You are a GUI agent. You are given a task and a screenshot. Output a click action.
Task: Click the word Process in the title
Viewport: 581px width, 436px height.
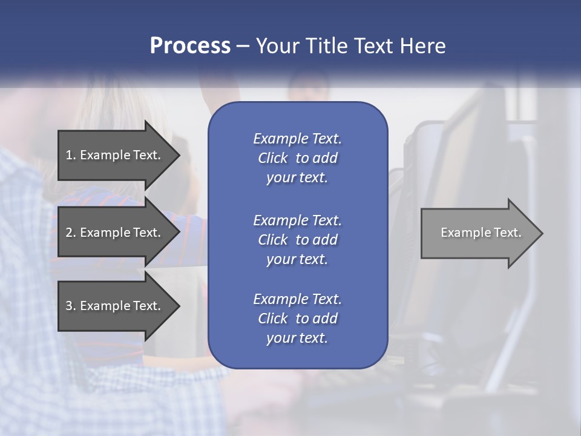pos(190,46)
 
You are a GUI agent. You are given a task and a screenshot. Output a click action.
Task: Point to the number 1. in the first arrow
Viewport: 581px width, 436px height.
pos(70,155)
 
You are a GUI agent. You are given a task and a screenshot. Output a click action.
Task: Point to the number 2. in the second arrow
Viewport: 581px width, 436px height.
pos(70,233)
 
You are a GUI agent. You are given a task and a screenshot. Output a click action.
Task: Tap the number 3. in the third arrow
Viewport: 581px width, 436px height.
pos(70,306)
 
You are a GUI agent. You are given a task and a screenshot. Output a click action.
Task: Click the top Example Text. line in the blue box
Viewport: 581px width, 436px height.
pos(297,139)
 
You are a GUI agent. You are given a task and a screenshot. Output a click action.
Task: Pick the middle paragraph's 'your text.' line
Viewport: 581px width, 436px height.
pos(297,259)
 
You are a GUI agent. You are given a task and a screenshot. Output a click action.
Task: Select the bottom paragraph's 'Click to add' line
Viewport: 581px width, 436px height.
pos(297,319)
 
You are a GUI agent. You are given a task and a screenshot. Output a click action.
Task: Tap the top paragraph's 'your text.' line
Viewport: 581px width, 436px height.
pos(297,178)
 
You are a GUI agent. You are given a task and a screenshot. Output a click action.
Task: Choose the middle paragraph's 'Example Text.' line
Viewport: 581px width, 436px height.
pos(297,220)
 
